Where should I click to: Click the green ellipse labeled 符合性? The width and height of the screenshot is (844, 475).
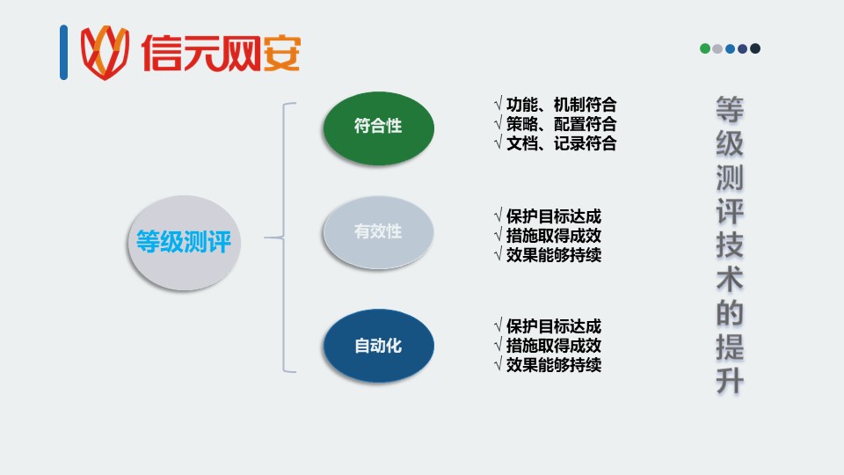[x=378, y=128]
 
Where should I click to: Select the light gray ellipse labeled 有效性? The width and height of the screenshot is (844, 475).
[x=378, y=232]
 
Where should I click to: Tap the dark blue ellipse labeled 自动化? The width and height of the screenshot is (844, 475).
[x=378, y=345]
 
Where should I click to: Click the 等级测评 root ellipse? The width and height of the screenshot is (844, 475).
[x=184, y=243]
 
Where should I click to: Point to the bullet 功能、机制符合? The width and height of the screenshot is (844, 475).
[x=562, y=105]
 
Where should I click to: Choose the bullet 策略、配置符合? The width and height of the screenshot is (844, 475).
[x=562, y=124]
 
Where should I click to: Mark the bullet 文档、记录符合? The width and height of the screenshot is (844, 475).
[x=562, y=143]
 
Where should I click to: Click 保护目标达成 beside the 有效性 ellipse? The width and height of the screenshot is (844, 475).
[x=554, y=216]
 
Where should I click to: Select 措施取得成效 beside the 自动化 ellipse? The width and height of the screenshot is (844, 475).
[x=554, y=345]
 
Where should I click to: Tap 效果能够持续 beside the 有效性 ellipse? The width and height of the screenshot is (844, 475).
[x=554, y=255]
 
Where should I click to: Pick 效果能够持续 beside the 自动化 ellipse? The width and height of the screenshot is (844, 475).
[x=554, y=364]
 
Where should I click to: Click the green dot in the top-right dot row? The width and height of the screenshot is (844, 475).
[x=704, y=48]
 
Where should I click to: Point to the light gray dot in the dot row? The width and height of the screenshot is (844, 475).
[x=717, y=48]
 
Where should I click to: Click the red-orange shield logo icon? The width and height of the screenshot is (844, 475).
[x=105, y=52]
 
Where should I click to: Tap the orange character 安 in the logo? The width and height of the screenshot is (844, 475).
[x=281, y=53]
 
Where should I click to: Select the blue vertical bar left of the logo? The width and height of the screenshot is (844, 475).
[x=63, y=52]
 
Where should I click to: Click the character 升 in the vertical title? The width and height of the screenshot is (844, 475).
[x=730, y=381]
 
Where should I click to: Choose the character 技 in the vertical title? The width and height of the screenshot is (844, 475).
[x=730, y=245]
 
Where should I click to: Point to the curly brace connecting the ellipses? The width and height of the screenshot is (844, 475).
[x=284, y=237]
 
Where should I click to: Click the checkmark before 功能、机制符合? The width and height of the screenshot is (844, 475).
[x=498, y=104]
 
